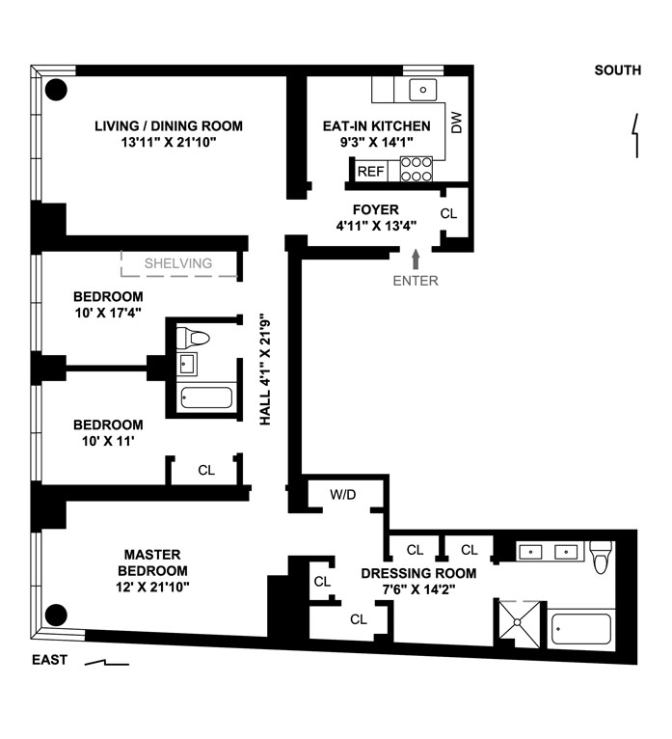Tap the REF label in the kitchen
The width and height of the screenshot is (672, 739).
[371, 172]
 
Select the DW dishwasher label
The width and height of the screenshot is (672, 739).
[457, 123]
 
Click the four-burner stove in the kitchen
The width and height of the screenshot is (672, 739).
[416, 170]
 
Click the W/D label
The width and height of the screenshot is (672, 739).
[343, 495]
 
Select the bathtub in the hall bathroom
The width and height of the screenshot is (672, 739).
[205, 398]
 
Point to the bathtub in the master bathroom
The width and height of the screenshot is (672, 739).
[581, 630]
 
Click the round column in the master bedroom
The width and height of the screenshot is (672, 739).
[57, 614]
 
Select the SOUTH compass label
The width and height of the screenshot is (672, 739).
[618, 69]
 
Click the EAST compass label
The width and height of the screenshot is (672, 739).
[51, 661]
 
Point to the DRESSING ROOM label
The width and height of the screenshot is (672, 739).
[418, 573]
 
